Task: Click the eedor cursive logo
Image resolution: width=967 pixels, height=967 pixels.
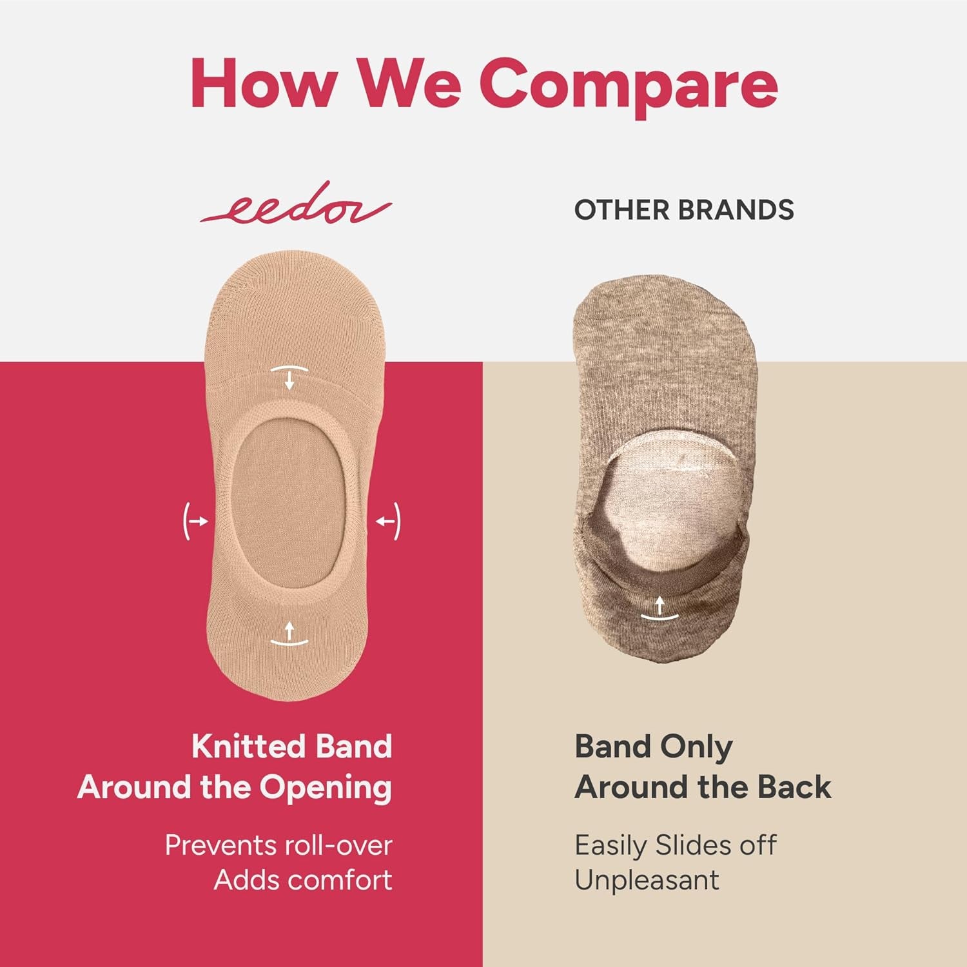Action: [296, 205]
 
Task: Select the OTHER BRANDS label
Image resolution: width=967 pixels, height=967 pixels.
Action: [684, 210]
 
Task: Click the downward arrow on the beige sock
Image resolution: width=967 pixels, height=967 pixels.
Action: [289, 378]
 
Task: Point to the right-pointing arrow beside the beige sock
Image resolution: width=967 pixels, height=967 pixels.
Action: [197, 521]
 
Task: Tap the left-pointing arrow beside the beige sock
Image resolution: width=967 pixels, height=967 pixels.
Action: [387, 521]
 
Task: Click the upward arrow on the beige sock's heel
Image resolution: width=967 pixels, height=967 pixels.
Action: [289, 632]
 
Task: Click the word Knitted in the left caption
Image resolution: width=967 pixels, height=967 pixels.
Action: [248, 747]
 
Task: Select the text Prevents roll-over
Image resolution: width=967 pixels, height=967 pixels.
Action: [278, 845]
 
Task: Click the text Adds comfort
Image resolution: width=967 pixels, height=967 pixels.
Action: [303, 880]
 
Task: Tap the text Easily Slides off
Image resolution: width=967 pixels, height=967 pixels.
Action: [676, 845]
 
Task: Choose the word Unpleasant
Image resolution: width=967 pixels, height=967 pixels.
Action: [647, 880]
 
